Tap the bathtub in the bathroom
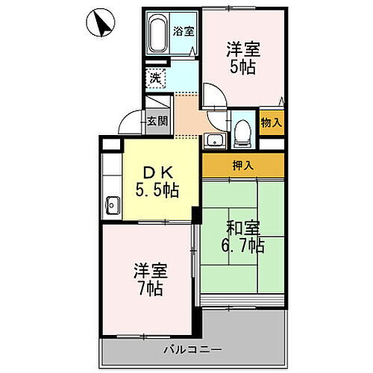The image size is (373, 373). point(158,34)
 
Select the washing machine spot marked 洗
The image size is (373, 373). point(155,76)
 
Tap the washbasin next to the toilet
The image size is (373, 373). point(214,140)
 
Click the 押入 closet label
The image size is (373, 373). point(242,165)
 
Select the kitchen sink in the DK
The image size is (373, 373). point(113,204)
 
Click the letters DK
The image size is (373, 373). point(155,172)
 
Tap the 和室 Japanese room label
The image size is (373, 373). point(242,226)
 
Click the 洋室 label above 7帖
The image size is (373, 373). point(150,270)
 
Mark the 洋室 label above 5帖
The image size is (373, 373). point(242,48)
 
